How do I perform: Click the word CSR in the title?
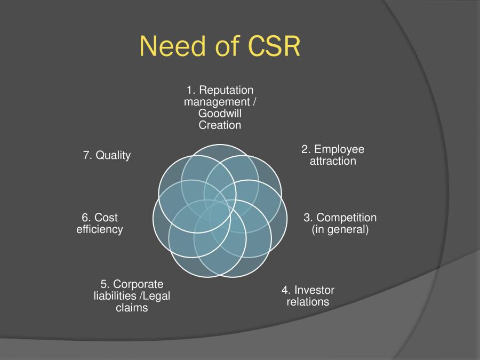coord(275,46)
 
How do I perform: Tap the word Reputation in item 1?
coord(227,90)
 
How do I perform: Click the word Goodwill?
coord(220,113)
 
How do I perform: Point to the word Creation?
coord(220,125)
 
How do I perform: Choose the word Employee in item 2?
coord(339,149)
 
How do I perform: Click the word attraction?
coord(333,161)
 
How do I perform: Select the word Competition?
coord(347,218)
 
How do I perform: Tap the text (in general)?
coord(340,230)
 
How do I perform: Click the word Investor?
coord(315,290)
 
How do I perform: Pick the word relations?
coord(308,302)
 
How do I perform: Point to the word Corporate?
coord(139,284)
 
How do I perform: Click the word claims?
coord(132,308)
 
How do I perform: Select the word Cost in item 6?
coord(106,218)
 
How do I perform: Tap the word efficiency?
coord(100,229)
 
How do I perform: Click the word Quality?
coord(113,156)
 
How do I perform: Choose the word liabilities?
coord(117,296)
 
